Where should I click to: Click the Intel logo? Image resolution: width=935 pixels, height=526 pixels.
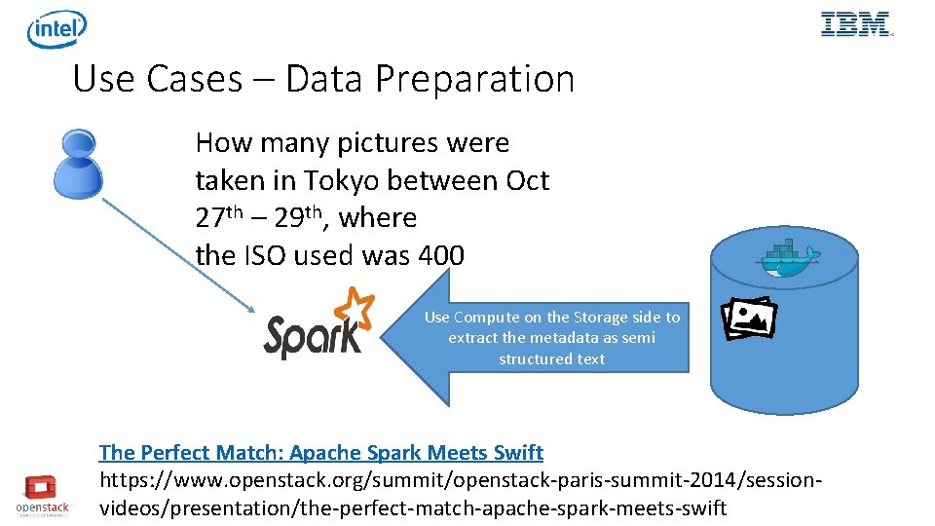click(x=56, y=29)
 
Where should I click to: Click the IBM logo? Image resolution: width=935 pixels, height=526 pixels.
click(x=856, y=24)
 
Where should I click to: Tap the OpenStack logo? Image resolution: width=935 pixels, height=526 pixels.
click(x=43, y=494)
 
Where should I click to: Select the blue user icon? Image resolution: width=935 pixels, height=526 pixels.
click(x=78, y=163)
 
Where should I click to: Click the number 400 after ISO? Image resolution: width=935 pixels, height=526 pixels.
click(x=440, y=255)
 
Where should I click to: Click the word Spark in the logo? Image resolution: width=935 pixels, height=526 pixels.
click(x=312, y=336)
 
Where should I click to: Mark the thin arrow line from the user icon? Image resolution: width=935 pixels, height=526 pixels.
click(x=175, y=253)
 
